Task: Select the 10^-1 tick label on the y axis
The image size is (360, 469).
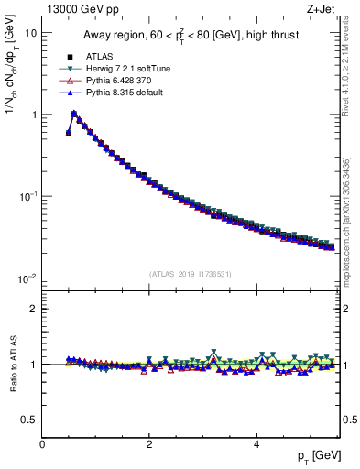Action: click(28, 196)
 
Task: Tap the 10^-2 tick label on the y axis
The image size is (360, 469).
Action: click(28, 278)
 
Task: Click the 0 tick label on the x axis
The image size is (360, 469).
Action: click(42, 444)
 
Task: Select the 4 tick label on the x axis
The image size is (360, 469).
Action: click(256, 444)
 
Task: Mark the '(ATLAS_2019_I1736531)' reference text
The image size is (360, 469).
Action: click(190, 273)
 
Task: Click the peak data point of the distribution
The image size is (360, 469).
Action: click(74, 115)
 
